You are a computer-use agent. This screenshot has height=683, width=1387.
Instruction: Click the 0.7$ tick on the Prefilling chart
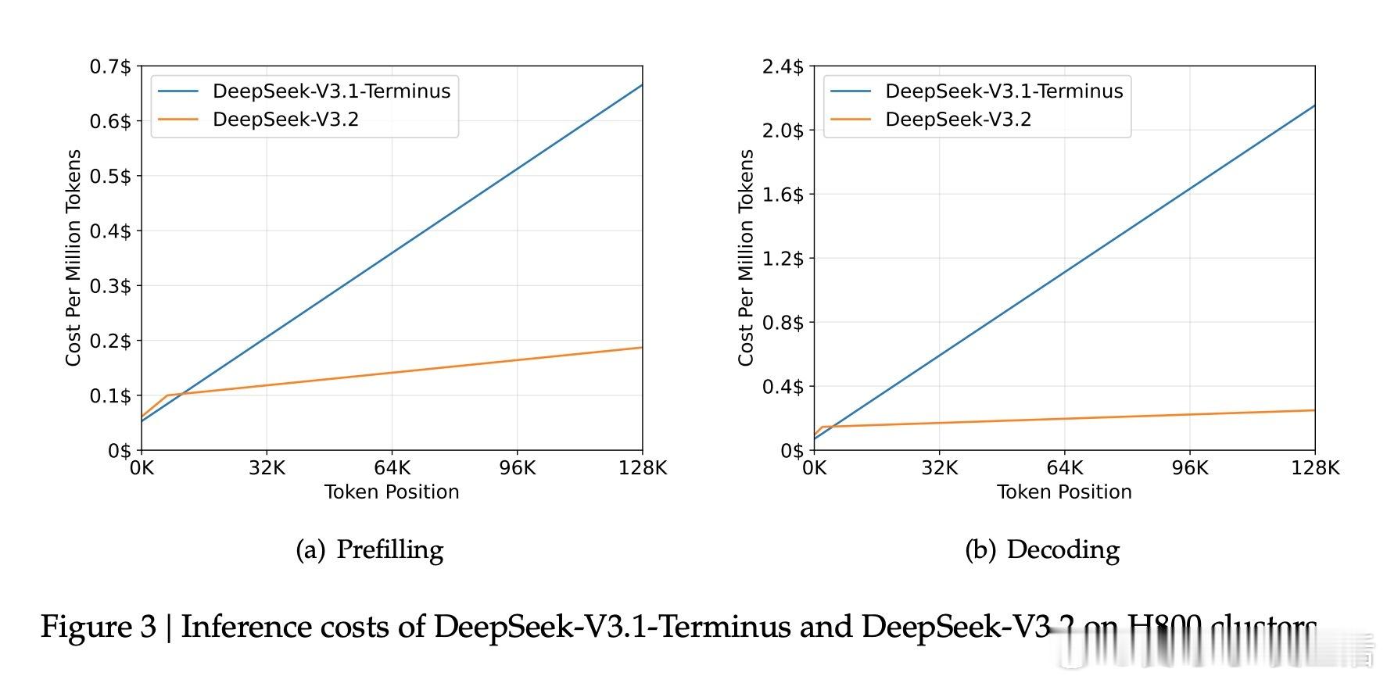point(110,66)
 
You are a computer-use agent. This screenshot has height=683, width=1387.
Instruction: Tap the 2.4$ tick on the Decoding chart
point(783,66)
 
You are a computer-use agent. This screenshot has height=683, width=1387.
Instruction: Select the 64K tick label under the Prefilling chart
point(392,467)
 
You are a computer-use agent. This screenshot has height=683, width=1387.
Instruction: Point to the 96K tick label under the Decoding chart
point(1189,467)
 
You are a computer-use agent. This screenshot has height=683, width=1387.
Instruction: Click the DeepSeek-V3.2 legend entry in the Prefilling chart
point(285,120)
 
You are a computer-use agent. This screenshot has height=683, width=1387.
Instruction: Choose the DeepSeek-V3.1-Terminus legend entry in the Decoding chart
point(1003,91)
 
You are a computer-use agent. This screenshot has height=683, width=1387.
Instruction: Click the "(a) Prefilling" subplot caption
point(370,549)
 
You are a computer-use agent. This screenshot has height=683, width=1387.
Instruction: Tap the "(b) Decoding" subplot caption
point(1042,549)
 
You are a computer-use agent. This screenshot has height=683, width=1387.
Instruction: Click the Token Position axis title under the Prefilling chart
point(392,492)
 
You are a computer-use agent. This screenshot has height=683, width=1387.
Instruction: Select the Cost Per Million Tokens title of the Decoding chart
point(746,258)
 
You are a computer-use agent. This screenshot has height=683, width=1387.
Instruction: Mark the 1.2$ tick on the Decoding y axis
point(783,259)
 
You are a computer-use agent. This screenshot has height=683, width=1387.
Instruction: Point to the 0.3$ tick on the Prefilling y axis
point(110,286)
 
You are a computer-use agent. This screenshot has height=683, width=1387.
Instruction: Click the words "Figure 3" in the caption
point(99,627)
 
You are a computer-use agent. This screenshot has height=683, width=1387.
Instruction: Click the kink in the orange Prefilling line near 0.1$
point(167,395)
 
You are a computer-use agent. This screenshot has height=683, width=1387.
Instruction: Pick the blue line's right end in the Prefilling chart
point(642,85)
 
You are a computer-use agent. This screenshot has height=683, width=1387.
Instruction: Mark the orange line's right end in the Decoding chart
point(1314,410)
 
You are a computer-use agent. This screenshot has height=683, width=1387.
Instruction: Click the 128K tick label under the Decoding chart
point(1315,467)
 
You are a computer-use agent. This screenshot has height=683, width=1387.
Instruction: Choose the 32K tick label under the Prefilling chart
point(267,467)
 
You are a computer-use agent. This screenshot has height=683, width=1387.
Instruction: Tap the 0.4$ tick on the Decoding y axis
point(783,387)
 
